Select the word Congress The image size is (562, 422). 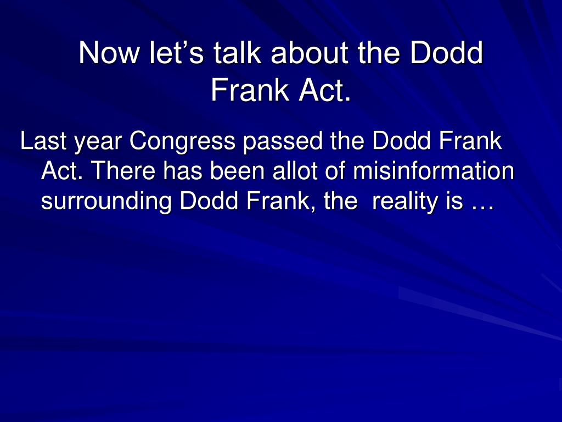(x=182, y=142)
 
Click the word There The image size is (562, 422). (x=123, y=170)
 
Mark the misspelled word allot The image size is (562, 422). (x=295, y=170)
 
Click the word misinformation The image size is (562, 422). (x=434, y=170)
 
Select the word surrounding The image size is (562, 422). (x=106, y=202)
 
